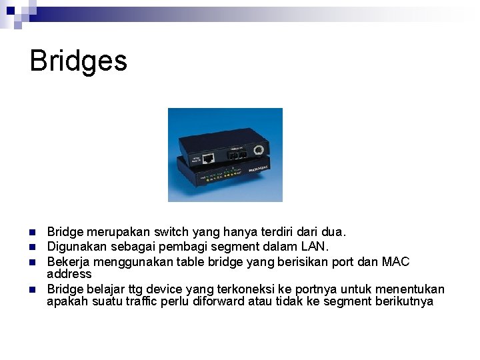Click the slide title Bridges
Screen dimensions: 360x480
pyautogui.click(x=78, y=61)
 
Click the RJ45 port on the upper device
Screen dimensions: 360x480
pyautogui.click(x=208, y=159)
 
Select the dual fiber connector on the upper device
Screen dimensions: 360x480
pyautogui.click(x=235, y=153)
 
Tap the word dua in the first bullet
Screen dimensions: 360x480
pyautogui.click(x=331, y=233)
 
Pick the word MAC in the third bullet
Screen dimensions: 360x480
pyautogui.click(x=395, y=262)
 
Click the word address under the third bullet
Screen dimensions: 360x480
pyautogui.click(x=69, y=273)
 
